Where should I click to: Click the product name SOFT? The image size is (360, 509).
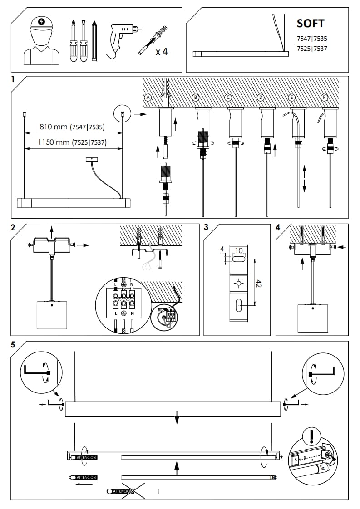311,23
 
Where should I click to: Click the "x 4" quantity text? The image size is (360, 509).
161,51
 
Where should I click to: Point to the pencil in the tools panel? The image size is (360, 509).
94,41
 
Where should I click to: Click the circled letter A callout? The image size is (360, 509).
148,98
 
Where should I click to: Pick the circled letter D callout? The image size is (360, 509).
261,98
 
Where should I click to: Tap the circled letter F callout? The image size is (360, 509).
324,98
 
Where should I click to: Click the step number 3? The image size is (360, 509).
206,227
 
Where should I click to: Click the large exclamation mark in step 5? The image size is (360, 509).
311,437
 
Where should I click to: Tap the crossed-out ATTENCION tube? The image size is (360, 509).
133,491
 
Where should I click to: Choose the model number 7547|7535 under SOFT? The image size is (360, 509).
311,39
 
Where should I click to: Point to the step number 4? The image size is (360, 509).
278,227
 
